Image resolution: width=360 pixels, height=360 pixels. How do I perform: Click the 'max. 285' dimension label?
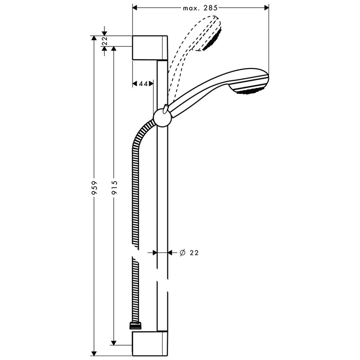200,8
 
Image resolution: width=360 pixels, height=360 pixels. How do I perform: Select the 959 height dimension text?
94,188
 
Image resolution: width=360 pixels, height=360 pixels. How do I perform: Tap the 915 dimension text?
114,188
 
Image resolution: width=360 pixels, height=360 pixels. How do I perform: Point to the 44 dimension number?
143,84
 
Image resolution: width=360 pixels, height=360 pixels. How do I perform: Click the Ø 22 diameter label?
189,253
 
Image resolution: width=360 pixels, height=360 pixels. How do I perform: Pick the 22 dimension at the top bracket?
105,41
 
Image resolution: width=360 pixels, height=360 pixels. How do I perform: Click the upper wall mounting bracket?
149,48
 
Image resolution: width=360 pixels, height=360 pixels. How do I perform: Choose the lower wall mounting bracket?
149,343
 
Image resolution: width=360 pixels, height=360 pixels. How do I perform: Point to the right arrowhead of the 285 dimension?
266,8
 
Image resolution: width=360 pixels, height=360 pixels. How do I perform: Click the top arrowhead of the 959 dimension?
93,38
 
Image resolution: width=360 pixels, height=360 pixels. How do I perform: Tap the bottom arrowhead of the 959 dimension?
93,354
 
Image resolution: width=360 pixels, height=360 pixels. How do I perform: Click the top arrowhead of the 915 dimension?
113,49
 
